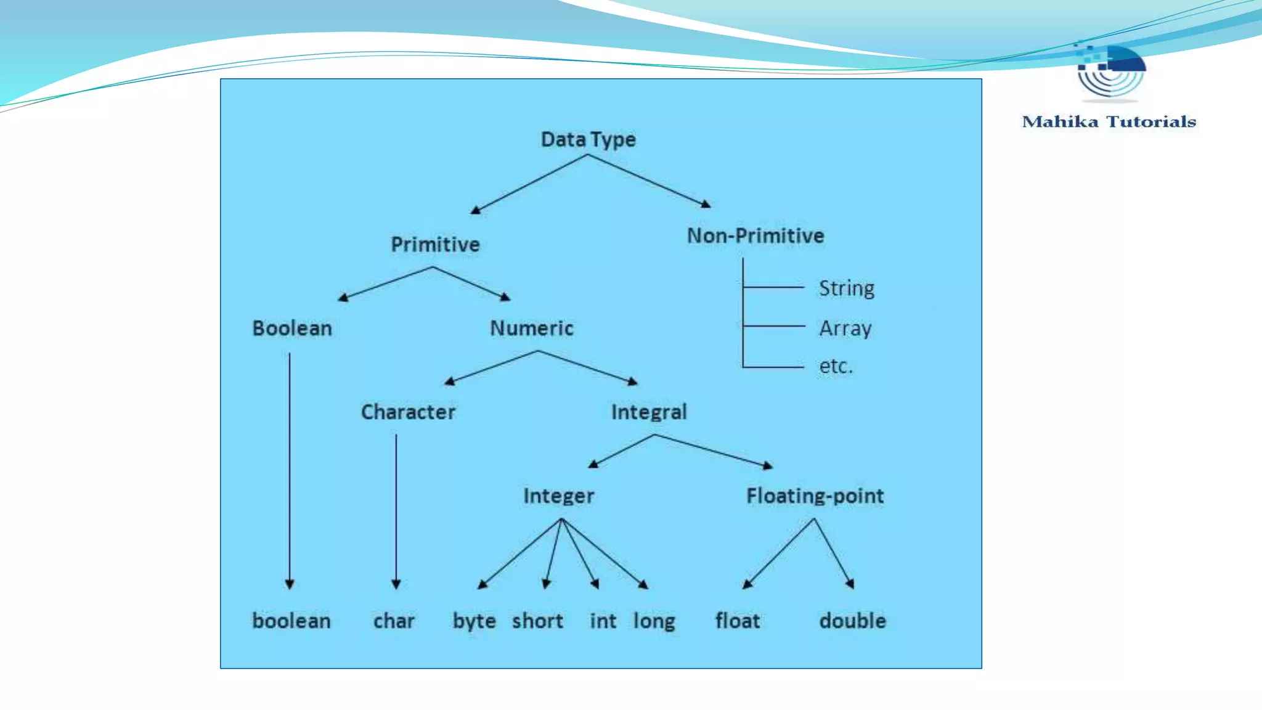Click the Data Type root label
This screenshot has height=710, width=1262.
588,139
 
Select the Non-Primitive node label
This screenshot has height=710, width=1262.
755,235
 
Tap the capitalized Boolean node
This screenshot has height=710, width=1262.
292,328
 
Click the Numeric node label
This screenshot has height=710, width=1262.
532,328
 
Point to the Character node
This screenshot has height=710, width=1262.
408,412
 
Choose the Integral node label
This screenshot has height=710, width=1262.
649,412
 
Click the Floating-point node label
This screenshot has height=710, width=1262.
815,496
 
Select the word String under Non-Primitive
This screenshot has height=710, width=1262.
846,288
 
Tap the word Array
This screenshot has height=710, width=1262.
845,328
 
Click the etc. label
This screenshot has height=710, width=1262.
836,366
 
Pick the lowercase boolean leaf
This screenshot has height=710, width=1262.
291,621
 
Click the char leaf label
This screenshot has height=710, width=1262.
394,621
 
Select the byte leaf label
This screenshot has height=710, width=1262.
474,621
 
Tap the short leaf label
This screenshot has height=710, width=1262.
537,621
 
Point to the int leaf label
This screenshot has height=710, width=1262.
603,621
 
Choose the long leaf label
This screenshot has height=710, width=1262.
654,621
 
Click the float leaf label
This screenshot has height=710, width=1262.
737,621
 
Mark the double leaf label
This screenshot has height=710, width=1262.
852,621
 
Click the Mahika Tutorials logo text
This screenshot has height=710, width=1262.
1109,121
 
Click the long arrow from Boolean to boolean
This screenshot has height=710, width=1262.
290,468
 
